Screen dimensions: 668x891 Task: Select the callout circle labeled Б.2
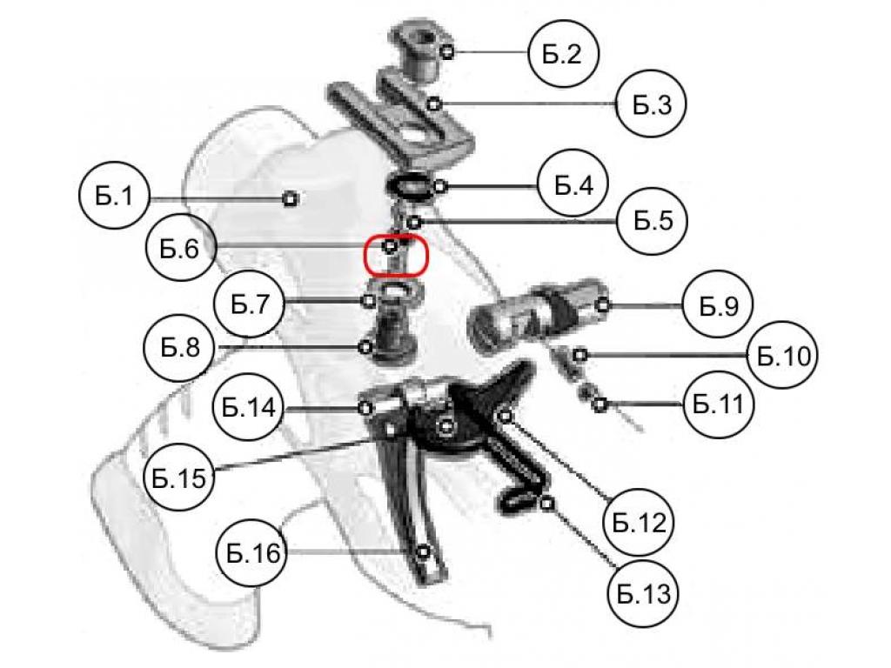click(x=565, y=54)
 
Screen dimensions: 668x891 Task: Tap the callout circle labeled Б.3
click(x=652, y=105)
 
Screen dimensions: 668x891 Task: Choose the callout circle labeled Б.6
click(x=180, y=249)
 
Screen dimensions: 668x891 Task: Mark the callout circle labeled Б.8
click(x=179, y=347)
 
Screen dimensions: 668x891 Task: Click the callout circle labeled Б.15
click(x=178, y=478)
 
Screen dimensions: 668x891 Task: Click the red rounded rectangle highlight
click(x=397, y=255)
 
